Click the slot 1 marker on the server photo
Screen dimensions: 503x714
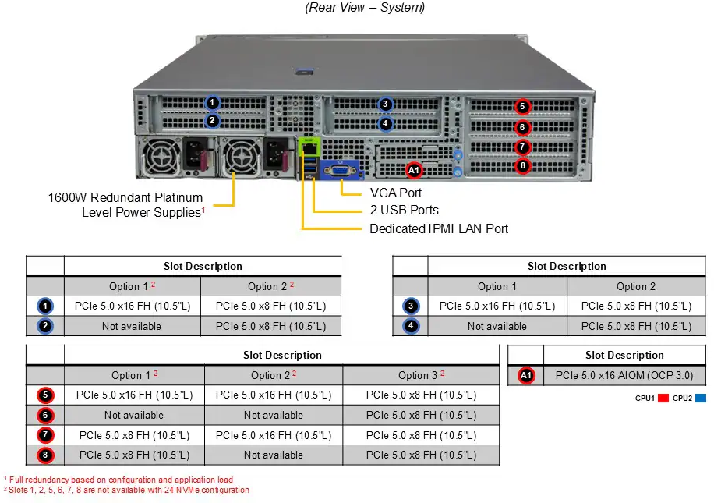(x=214, y=102)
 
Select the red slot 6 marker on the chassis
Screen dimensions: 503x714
(x=523, y=127)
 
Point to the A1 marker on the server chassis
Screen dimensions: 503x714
(x=414, y=169)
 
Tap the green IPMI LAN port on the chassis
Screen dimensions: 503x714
(x=309, y=146)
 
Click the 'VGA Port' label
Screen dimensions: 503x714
(x=396, y=192)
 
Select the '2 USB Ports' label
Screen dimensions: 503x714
(x=404, y=211)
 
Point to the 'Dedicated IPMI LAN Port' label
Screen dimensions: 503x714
(x=439, y=228)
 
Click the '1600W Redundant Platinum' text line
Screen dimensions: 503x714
(x=125, y=198)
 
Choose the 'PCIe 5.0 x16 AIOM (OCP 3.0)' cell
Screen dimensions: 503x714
(x=624, y=376)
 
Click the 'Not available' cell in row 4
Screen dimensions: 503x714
(x=497, y=326)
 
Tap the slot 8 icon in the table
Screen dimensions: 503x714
(x=45, y=455)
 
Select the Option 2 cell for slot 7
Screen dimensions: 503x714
(x=273, y=435)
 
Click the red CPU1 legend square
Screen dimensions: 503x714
(x=663, y=399)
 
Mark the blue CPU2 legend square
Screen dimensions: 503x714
(x=701, y=399)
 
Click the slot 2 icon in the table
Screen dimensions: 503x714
(x=45, y=326)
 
